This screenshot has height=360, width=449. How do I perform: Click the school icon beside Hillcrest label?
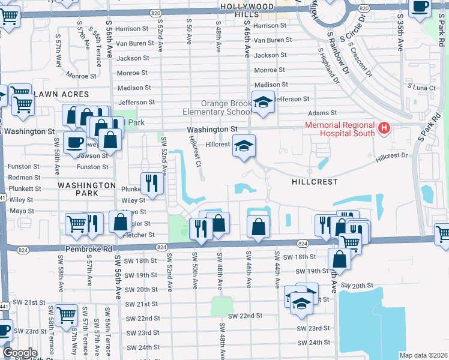(x=244, y=146)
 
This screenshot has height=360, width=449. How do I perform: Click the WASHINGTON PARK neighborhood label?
(x=86, y=186)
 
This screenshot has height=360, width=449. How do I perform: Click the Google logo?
(x=20, y=353)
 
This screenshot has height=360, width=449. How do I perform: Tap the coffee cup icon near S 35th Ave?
(x=420, y=6)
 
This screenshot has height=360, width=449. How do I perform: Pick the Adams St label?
(x=322, y=113)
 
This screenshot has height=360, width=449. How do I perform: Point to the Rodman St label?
(x=23, y=177)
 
